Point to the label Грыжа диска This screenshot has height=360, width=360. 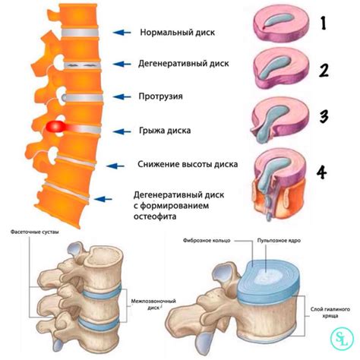(x=165, y=131)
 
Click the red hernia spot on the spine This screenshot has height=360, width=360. (x=55, y=126)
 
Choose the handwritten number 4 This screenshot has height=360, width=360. (x=323, y=172)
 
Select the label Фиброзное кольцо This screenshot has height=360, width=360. (x=206, y=242)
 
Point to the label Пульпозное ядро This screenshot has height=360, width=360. (x=279, y=240)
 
